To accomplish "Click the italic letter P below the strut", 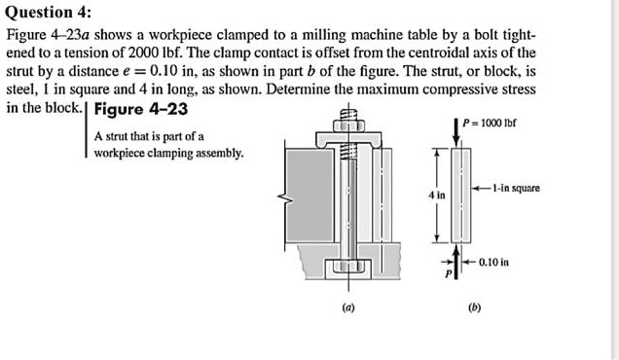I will (449, 275).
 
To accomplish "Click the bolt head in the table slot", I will (347, 266).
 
